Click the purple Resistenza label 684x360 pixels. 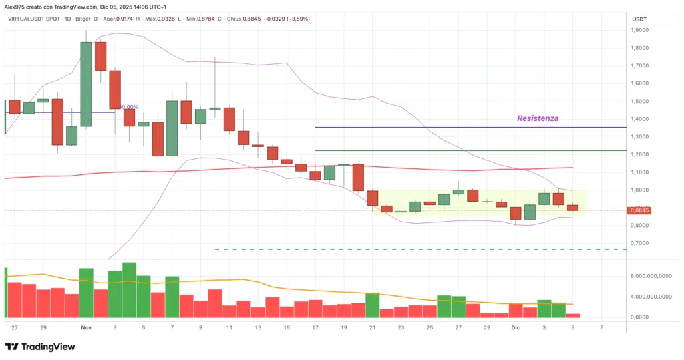pos(538,118)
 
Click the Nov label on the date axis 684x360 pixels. pos(85,328)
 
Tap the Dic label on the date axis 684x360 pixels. pos(515,328)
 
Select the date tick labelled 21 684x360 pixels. pos(372,328)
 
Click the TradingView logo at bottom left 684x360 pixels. pos(40,347)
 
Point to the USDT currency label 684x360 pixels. pos(639,19)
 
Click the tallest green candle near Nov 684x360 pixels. pos(86,83)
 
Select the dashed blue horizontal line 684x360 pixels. pos(421,250)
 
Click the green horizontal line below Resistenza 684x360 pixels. pos(468,150)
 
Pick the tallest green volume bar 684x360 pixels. pos(129,290)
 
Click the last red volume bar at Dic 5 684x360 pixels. pos(572,315)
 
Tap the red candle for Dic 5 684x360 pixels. pos(572,208)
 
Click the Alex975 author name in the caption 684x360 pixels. pos(16,6)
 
